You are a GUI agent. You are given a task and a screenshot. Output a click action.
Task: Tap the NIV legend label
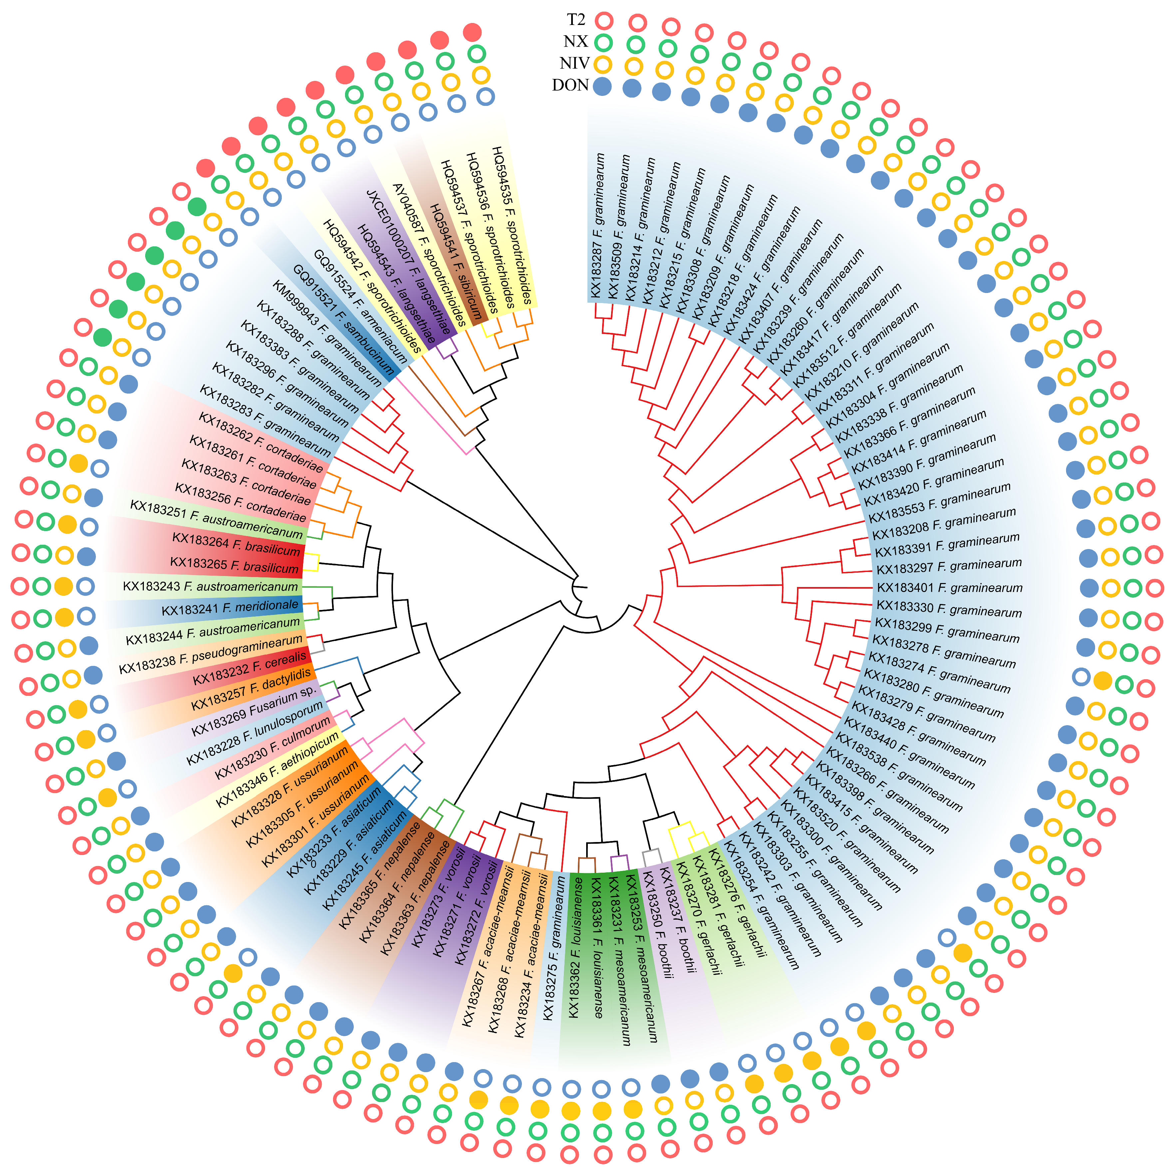click(x=574, y=63)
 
